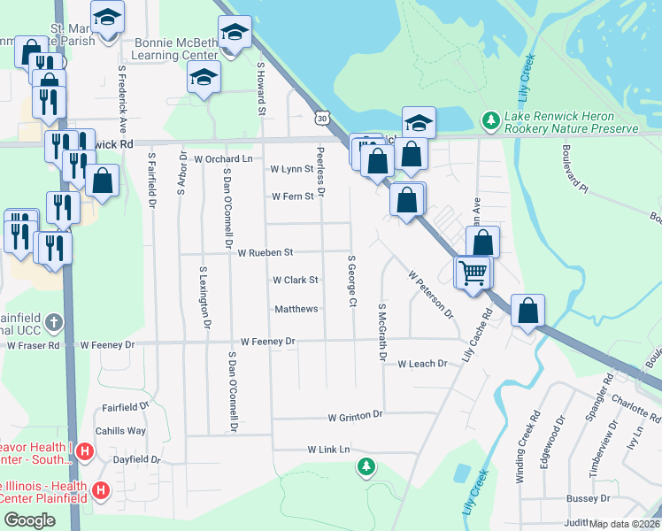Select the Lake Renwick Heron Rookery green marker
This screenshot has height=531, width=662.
pyautogui.click(x=489, y=119)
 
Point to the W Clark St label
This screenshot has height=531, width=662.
pyautogui.click(x=295, y=280)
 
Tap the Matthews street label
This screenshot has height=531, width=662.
pyautogui.click(x=296, y=309)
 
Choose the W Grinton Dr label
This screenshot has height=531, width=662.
pyautogui.click(x=354, y=416)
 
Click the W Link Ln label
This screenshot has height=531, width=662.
pyautogui.click(x=329, y=450)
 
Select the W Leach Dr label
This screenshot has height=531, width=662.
pyautogui.click(x=422, y=364)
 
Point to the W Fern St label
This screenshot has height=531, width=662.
pyautogui.click(x=293, y=196)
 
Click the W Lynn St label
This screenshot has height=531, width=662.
pyautogui.click(x=292, y=168)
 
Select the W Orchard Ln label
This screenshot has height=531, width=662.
pyautogui.click(x=223, y=159)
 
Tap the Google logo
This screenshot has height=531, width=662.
pyautogui.click(x=28, y=520)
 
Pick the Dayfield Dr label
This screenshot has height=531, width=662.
pyautogui.click(x=136, y=459)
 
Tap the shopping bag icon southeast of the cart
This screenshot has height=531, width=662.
pyautogui.click(x=527, y=312)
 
